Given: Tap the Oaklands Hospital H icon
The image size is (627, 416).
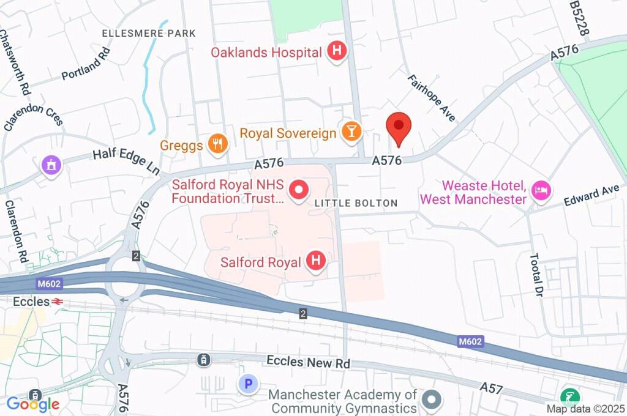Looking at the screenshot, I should pos(336,52).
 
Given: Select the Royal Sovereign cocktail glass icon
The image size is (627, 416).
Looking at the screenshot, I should pos(351,132).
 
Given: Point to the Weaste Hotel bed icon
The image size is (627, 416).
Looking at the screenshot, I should pos(541,190).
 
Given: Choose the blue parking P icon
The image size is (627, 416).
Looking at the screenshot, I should pos(248,384).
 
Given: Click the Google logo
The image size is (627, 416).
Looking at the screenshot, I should pos(33,404).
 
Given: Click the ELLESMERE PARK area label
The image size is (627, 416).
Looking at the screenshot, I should pos(149,33).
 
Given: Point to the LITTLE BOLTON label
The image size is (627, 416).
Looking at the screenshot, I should pos(356,203).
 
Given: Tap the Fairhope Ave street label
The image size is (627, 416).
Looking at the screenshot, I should pos(432,98).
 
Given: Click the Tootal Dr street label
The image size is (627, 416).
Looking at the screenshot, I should pos(536,275).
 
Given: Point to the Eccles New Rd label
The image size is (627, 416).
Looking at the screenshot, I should pos(308,362).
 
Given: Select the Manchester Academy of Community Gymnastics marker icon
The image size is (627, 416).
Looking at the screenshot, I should pos(433,400).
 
